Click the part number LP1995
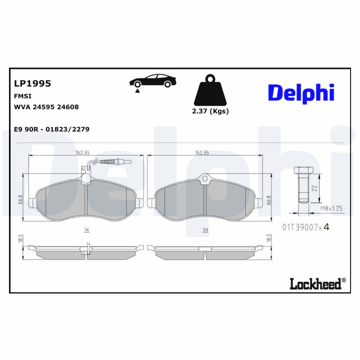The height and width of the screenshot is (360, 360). pyautogui.click(x=32, y=83)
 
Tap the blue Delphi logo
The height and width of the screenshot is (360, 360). pyautogui.click(x=301, y=92)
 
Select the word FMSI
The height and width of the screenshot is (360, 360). pyautogui.click(x=23, y=96)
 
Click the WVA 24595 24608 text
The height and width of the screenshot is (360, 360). pyautogui.click(x=47, y=107)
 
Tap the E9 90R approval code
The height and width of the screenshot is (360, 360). pyautogui.click(x=52, y=129)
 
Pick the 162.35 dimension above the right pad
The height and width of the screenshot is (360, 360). pyautogui.click(x=202, y=153)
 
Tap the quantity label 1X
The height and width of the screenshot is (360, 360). pyautogui.click(x=86, y=230)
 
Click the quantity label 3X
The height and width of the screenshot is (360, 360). pyautogui.click(x=206, y=230)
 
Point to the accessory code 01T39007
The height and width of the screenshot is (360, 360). pyautogui.click(x=299, y=227)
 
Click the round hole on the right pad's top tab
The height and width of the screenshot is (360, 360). pyautogui.click(x=206, y=179)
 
